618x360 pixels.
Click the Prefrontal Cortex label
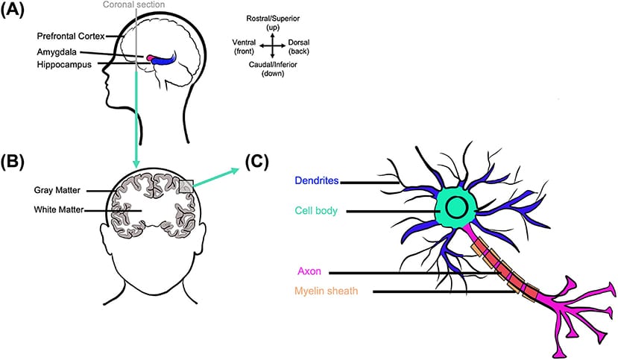[70, 35]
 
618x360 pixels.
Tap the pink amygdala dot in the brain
[151, 57]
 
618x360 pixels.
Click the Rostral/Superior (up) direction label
[274, 23]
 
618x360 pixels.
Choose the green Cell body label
[317, 211]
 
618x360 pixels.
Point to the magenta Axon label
[308, 272]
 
